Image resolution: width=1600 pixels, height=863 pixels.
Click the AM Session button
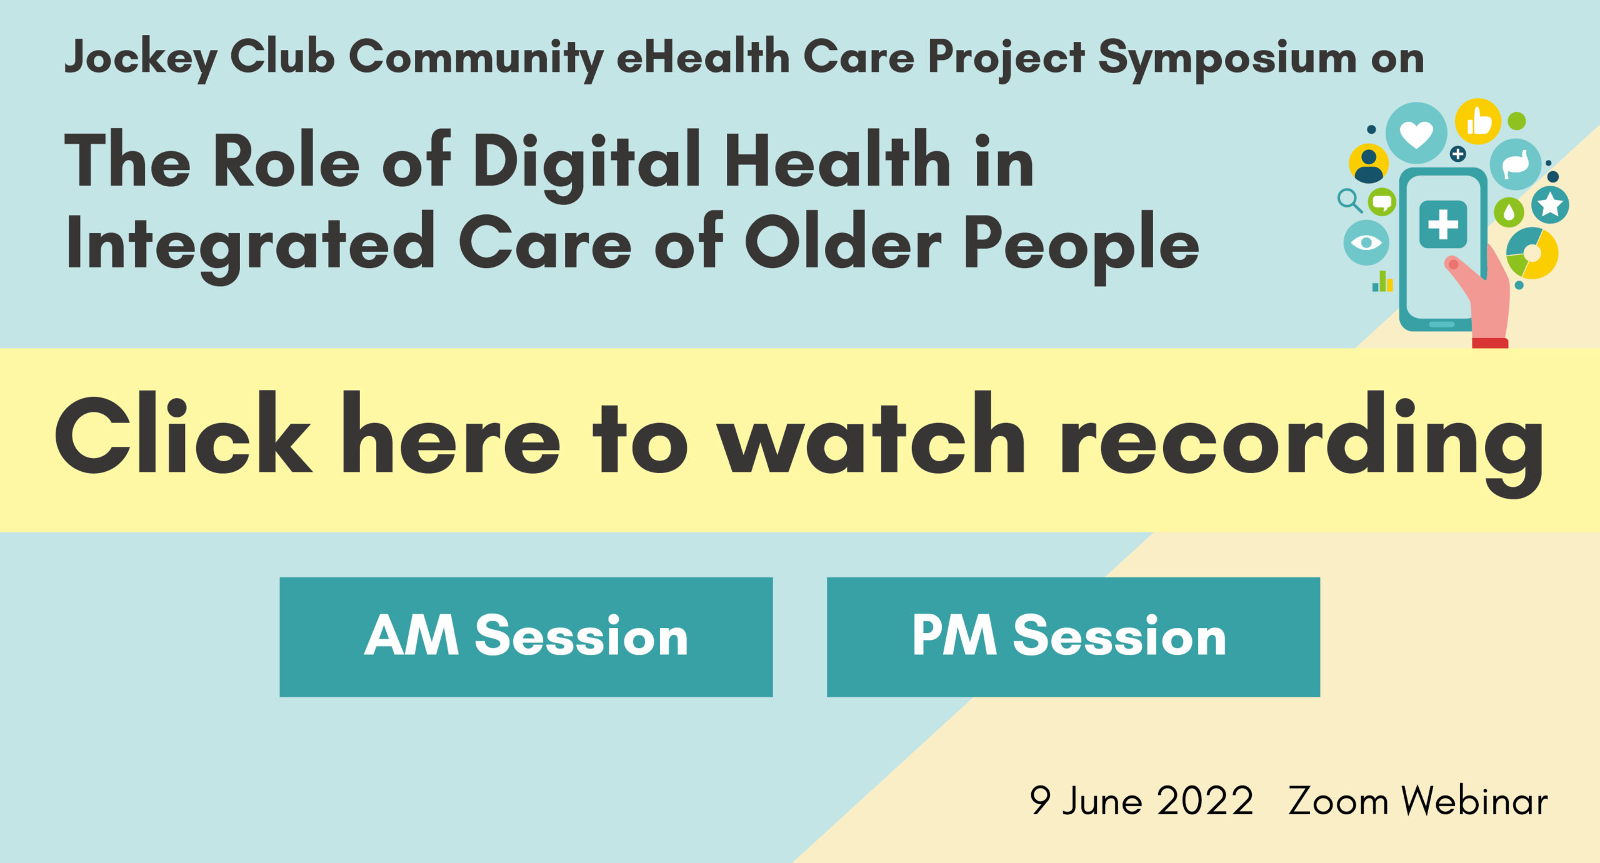pyautogui.click(x=526, y=637)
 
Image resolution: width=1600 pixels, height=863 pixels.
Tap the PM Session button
pyautogui.click(x=1073, y=637)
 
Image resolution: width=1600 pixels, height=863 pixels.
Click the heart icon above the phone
pyautogui.click(x=1416, y=133)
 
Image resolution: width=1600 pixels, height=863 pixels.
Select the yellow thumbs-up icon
pyautogui.click(x=1478, y=121)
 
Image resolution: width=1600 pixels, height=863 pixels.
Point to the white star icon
pyautogui.click(x=1550, y=204)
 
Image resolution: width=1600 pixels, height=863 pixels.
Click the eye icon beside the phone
pyautogui.click(x=1366, y=242)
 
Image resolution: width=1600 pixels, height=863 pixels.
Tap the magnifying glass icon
pyautogui.click(x=1349, y=201)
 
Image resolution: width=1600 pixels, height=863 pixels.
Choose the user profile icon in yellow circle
pyautogui.click(x=1369, y=163)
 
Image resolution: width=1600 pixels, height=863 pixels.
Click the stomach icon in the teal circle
pyautogui.click(x=1516, y=164)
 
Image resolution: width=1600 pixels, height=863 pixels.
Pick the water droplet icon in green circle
pyautogui.click(x=1509, y=212)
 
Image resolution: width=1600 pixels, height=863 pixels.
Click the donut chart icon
pyautogui.click(x=1532, y=253)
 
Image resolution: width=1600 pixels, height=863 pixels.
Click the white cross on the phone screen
pyautogui.click(x=1443, y=224)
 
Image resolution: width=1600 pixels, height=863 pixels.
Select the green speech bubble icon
pyautogui.click(x=1382, y=202)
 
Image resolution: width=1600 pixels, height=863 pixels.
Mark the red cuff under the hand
pyautogui.click(x=1490, y=343)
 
